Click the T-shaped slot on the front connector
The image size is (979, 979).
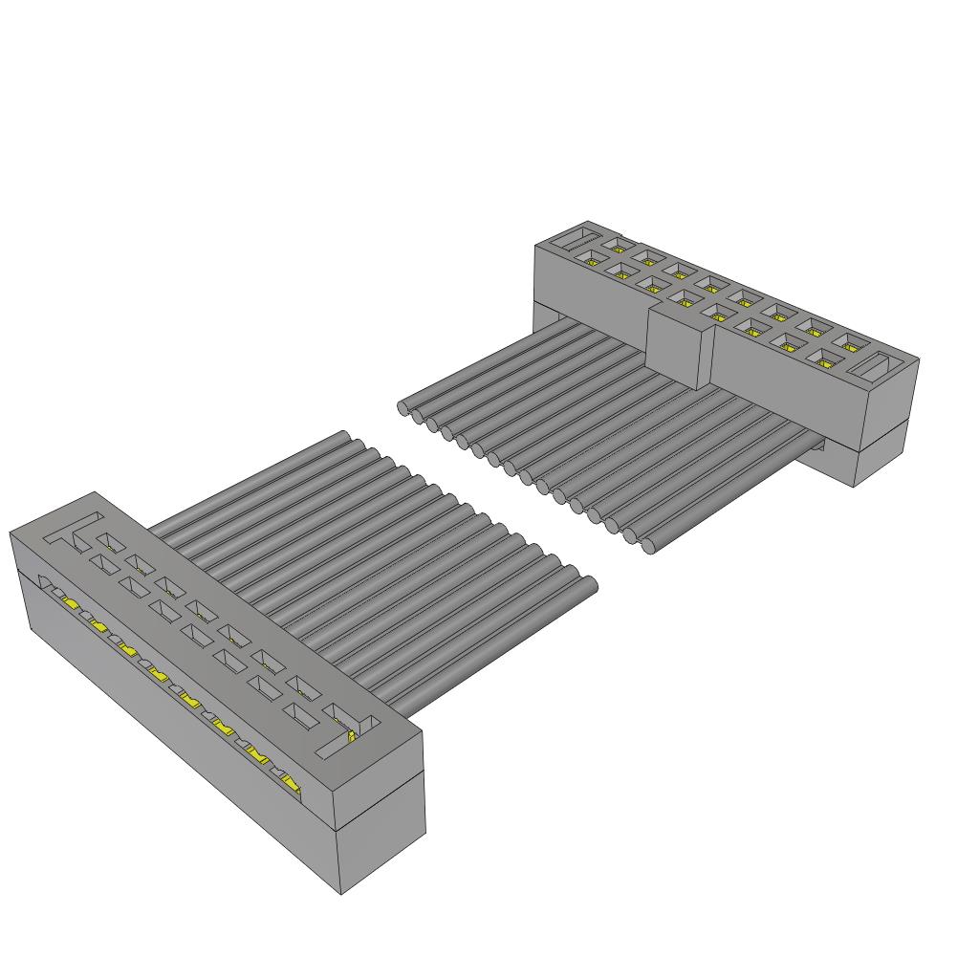[x=76, y=531]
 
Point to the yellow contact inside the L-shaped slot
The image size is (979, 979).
[x=352, y=735]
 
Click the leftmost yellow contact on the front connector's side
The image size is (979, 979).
[x=70, y=603]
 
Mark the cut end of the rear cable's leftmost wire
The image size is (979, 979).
[x=403, y=408]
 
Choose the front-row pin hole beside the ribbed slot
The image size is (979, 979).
[x=599, y=255]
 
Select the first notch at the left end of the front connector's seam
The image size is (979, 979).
[x=44, y=580]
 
